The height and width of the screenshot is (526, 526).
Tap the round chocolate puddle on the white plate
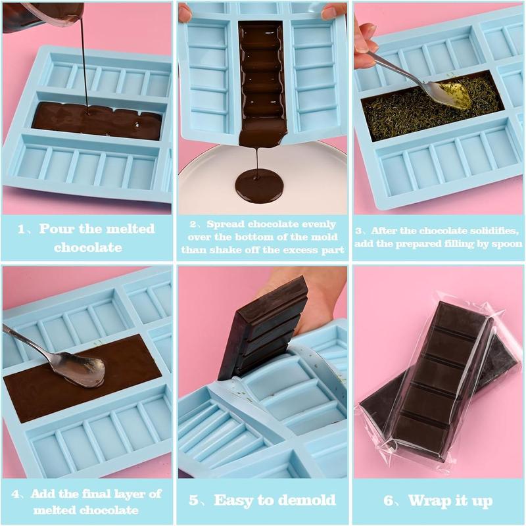258,185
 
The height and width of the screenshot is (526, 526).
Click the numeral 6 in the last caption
389,501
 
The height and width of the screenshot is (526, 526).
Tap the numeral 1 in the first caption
21,229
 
